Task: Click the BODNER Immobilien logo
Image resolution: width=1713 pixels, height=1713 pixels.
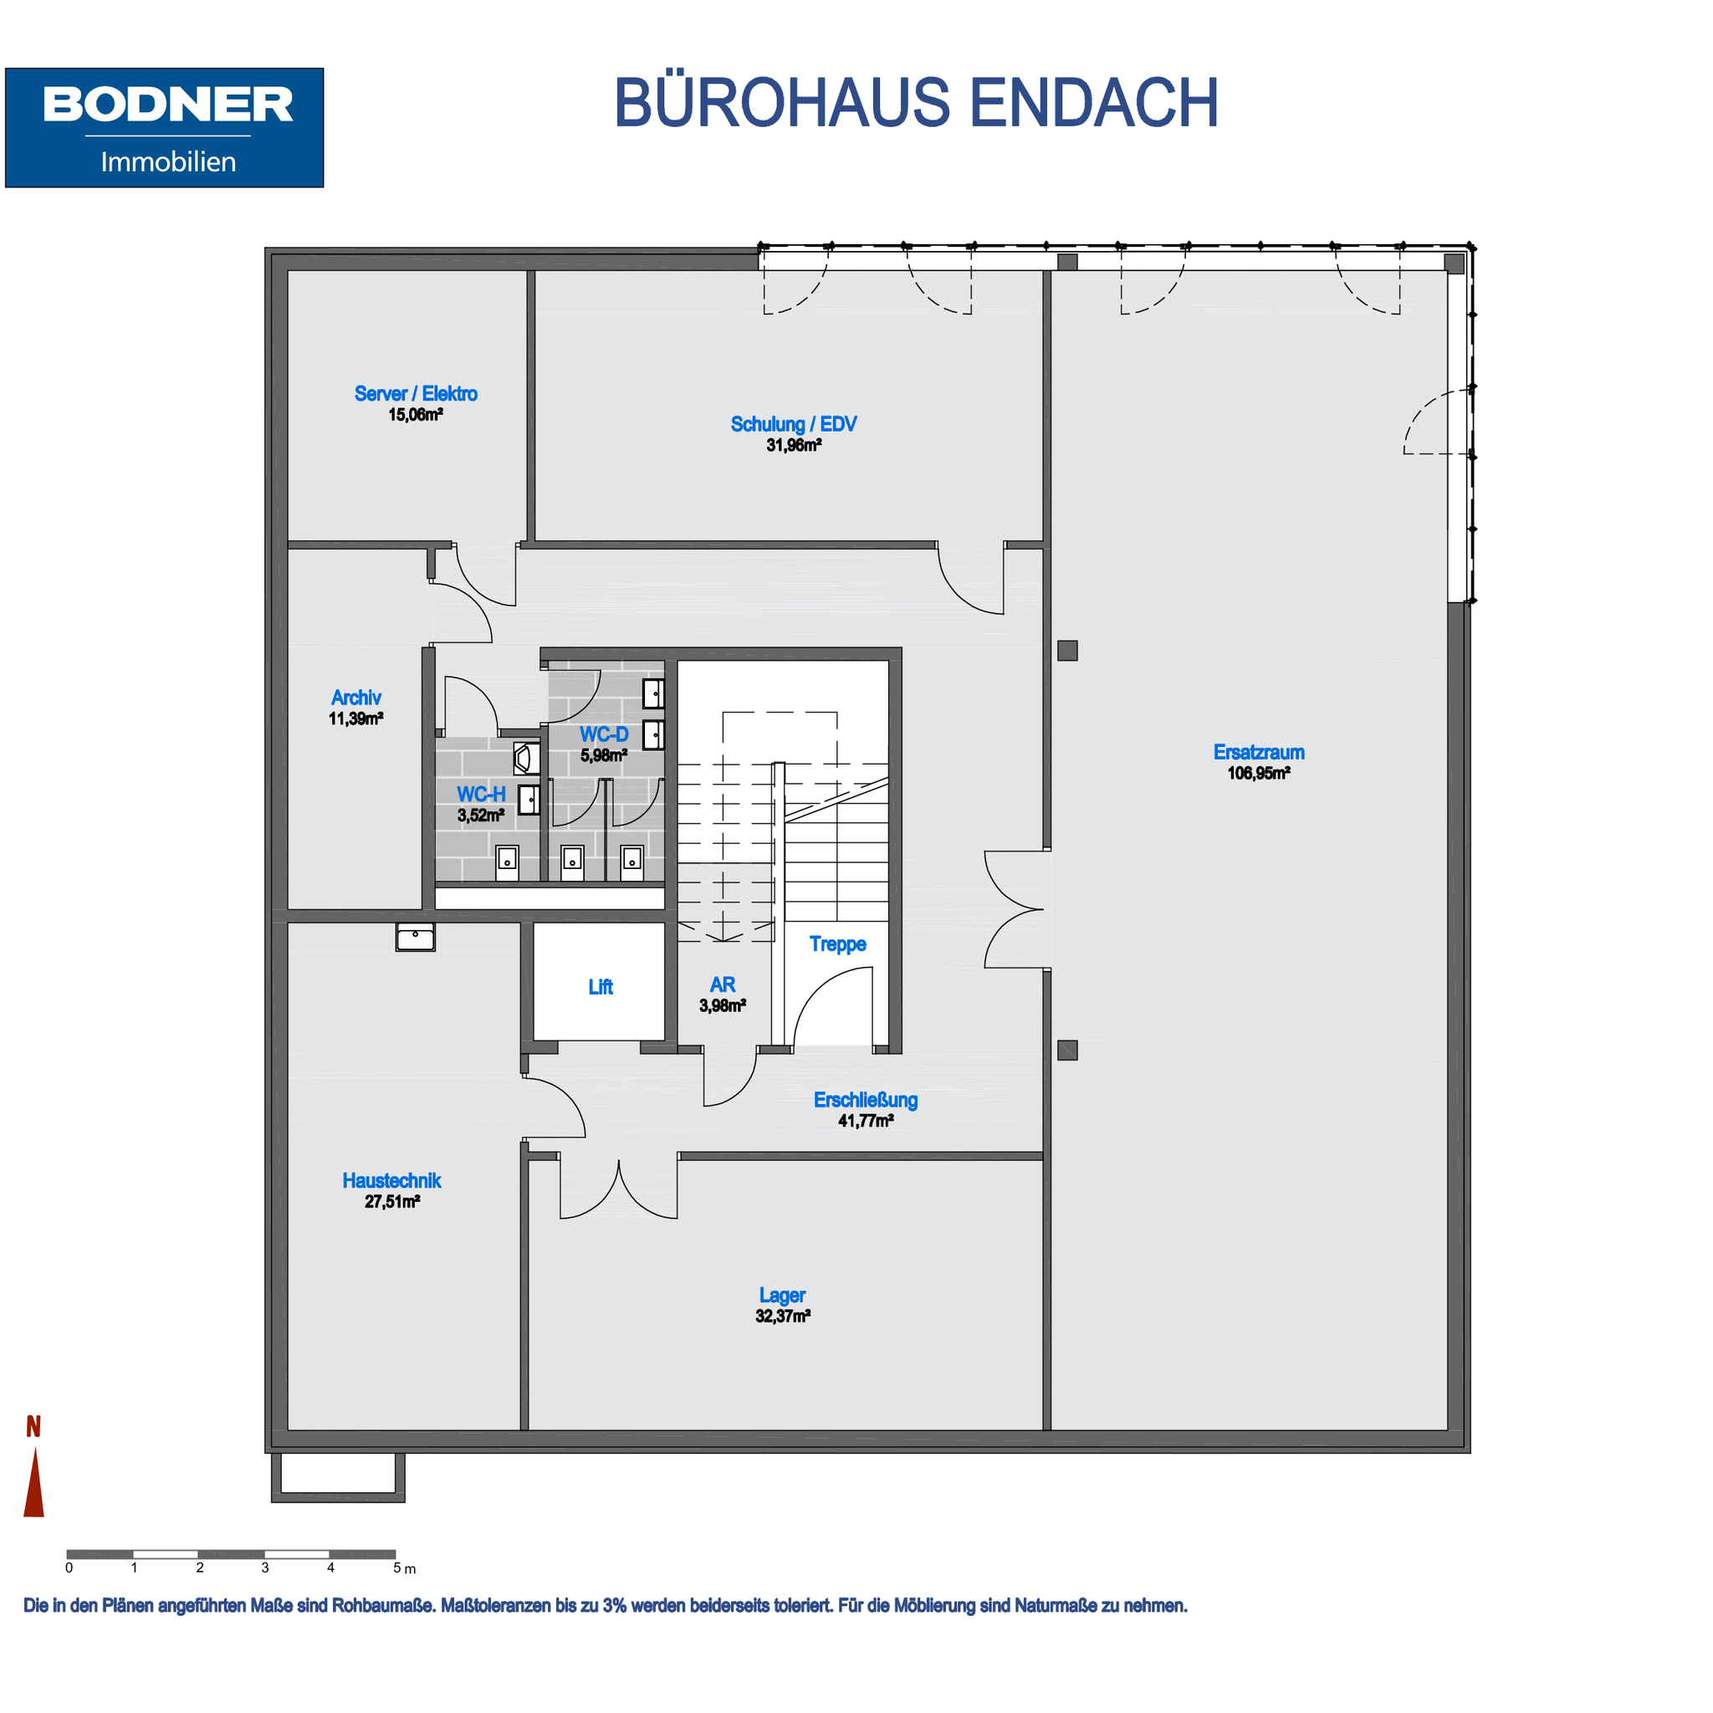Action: (164, 128)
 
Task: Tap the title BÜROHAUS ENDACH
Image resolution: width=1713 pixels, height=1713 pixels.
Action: (916, 103)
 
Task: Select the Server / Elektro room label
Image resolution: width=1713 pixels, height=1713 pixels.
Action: (416, 394)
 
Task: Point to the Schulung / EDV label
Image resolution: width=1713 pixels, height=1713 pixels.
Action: (794, 425)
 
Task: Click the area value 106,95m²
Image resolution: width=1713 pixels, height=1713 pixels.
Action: (1258, 773)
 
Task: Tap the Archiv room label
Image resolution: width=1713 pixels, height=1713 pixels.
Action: (356, 698)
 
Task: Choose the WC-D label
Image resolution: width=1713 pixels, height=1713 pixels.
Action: (604, 734)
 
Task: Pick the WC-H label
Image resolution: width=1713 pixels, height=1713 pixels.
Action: (482, 795)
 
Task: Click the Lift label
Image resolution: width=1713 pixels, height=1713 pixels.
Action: (601, 987)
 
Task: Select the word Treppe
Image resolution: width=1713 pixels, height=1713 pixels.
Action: (838, 944)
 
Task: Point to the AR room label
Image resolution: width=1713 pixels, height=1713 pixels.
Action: (723, 985)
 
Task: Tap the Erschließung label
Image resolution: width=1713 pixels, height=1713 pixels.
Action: (866, 1101)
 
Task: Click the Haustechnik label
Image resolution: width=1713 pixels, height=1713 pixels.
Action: (392, 1181)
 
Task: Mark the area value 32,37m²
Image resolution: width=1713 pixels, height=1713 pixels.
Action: (783, 1317)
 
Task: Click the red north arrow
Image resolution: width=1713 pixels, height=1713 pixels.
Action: (34, 1481)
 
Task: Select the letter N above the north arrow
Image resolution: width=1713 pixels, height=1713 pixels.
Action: (33, 1427)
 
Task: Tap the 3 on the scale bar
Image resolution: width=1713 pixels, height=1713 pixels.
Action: (265, 1567)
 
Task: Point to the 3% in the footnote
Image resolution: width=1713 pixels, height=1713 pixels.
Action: (616, 1606)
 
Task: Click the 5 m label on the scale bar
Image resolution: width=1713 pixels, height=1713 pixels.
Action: (404, 1568)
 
